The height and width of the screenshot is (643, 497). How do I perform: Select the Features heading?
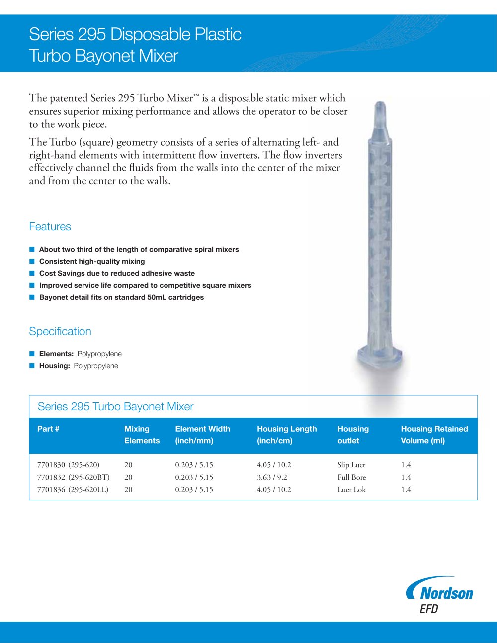tap(50, 227)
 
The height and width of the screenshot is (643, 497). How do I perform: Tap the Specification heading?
tap(60, 332)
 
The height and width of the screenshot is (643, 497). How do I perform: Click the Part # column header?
tap(48, 429)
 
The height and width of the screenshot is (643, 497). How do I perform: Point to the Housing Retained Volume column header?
tap(434, 435)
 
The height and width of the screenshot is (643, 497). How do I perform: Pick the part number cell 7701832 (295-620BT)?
tap(73, 477)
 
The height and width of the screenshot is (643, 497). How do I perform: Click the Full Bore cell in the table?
tap(351, 477)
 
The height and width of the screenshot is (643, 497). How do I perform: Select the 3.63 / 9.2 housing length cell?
tap(272, 477)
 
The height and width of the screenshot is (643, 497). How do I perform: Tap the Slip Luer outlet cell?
tap(351, 465)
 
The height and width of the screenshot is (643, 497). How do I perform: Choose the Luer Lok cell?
tap(351, 489)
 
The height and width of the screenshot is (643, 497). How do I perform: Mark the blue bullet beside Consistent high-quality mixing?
tap(32, 261)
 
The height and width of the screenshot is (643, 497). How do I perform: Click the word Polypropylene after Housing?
tap(96, 366)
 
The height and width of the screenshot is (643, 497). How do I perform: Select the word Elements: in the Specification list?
tap(56, 354)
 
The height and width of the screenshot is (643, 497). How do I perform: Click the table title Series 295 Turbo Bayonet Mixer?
tap(115, 407)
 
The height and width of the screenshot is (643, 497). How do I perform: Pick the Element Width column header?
tap(202, 435)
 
